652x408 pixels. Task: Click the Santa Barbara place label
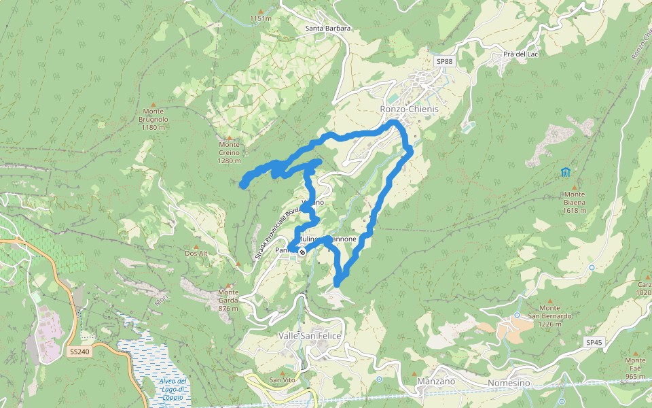point(328,29)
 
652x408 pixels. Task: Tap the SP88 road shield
point(444,61)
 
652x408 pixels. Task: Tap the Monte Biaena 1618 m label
point(575,206)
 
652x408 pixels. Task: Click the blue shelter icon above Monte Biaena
point(565,172)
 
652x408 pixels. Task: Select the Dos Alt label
point(196,254)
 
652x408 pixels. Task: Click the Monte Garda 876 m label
point(228,301)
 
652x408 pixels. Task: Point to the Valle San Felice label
point(310,336)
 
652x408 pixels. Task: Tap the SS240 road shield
point(79,352)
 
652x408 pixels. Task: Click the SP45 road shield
point(594,343)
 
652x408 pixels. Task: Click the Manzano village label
point(436,381)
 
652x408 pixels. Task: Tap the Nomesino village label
point(509,384)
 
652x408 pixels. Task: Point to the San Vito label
point(283,379)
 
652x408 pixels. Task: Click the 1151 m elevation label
point(260,19)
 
